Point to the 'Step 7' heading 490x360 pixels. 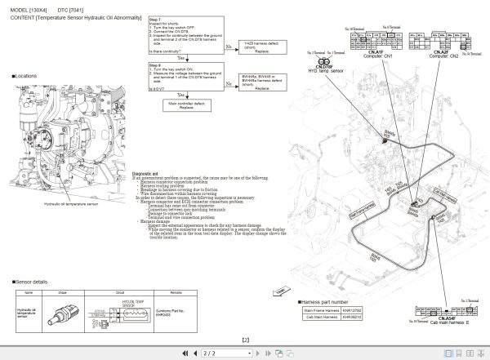(x=154, y=15)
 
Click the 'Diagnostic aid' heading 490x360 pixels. (x=145, y=172)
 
